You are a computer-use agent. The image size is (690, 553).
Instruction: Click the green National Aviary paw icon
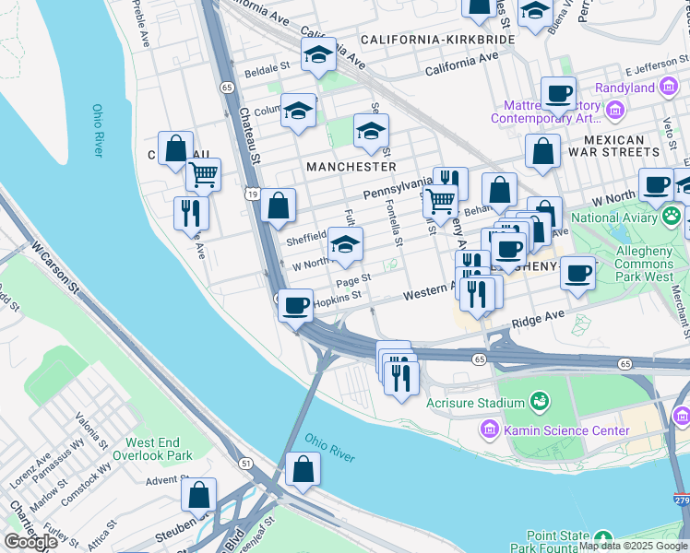[672, 218]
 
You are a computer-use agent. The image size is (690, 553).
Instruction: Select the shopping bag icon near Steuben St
[199, 495]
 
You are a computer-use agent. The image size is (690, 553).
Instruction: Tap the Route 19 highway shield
[251, 194]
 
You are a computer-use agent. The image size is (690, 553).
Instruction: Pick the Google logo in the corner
[30, 541]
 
